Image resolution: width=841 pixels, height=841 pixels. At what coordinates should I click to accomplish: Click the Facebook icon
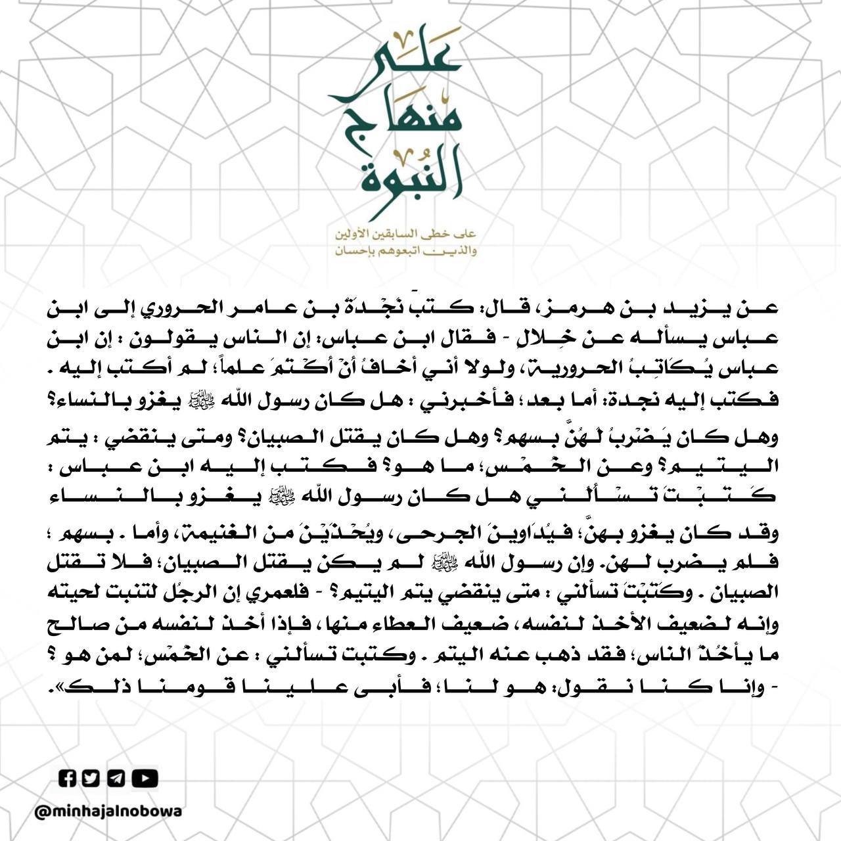(68, 779)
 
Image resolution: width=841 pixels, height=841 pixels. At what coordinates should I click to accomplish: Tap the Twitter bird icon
(91, 779)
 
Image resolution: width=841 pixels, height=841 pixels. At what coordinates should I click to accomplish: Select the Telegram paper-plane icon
(116, 779)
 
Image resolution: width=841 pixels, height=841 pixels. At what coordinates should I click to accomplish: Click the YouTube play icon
(145, 779)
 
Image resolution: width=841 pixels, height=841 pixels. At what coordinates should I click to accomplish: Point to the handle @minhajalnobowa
(108, 811)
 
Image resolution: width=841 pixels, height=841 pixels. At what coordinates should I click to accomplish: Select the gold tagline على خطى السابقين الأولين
(405, 235)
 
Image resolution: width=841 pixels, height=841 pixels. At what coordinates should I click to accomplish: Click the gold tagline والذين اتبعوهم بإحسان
(405, 251)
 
